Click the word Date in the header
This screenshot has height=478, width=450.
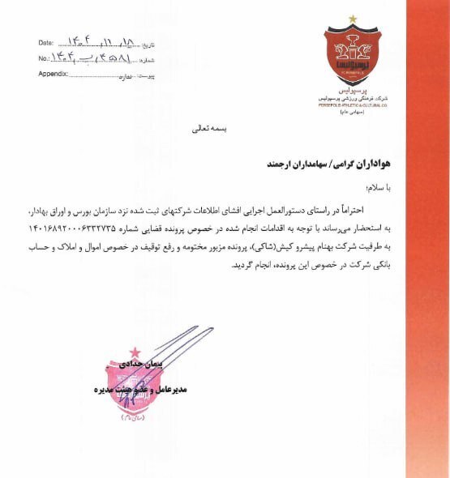45,42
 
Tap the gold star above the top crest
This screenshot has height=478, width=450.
353,18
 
